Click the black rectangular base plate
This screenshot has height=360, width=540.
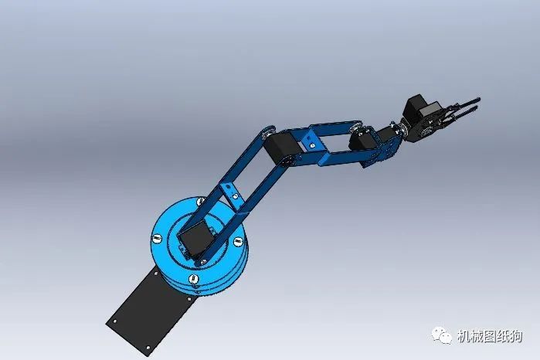point(151,309)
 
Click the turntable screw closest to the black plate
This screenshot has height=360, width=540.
point(193,279)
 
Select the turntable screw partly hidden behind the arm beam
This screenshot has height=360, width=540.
point(200,201)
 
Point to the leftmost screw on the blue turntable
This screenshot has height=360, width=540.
point(157,238)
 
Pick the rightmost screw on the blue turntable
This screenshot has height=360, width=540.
point(238,242)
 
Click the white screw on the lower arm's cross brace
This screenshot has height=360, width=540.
point(235,196)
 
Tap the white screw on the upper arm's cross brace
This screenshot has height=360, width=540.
point(313,145)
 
